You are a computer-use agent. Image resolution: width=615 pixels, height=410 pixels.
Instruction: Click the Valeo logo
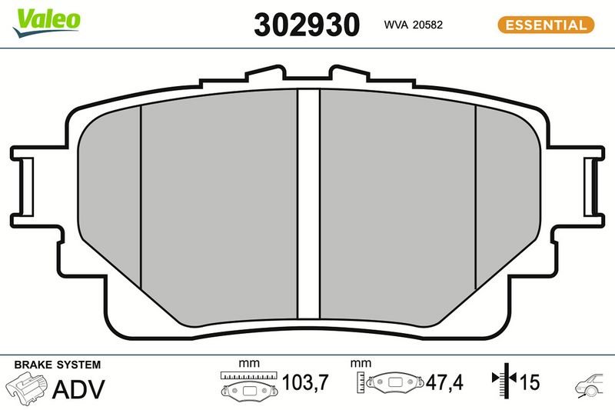[47, 23]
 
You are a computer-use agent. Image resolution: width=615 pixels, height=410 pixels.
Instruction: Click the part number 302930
[307, 25]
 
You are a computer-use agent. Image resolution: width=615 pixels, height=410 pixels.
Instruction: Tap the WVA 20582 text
[413, 25]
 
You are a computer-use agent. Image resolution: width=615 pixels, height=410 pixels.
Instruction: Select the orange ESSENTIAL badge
[546, 25]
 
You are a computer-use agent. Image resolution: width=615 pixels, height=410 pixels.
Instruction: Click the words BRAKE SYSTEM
[57, 365]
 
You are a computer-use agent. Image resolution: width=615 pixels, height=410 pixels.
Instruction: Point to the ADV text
[78, 389]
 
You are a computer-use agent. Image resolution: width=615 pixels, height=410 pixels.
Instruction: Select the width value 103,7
[304, 382]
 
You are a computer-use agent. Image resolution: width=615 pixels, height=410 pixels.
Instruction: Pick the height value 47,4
[444, 382]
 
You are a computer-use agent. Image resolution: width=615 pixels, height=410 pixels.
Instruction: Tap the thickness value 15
[530, 382]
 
